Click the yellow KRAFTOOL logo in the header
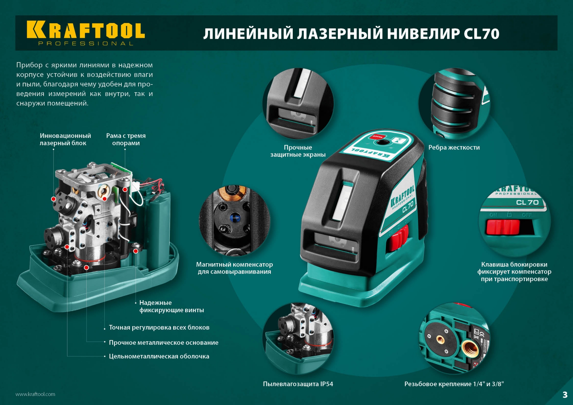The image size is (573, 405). point(86,30)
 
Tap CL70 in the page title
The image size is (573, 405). point(481,34)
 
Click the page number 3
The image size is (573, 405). point(565,395)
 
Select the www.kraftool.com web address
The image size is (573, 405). point(35,394)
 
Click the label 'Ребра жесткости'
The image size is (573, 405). point(454,147)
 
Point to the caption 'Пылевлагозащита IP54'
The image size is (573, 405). point(298,384)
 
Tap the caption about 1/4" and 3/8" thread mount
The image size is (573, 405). point(454,384)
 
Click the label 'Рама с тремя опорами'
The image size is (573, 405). point(126,139)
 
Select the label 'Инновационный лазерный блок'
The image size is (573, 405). point(65,139)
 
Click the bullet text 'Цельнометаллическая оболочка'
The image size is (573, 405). point(159,356)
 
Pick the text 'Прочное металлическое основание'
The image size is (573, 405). point(164,343)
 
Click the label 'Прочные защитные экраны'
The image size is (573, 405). point(298,151)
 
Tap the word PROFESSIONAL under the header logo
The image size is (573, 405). point(86,44)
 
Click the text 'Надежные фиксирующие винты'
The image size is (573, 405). point(172,307)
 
